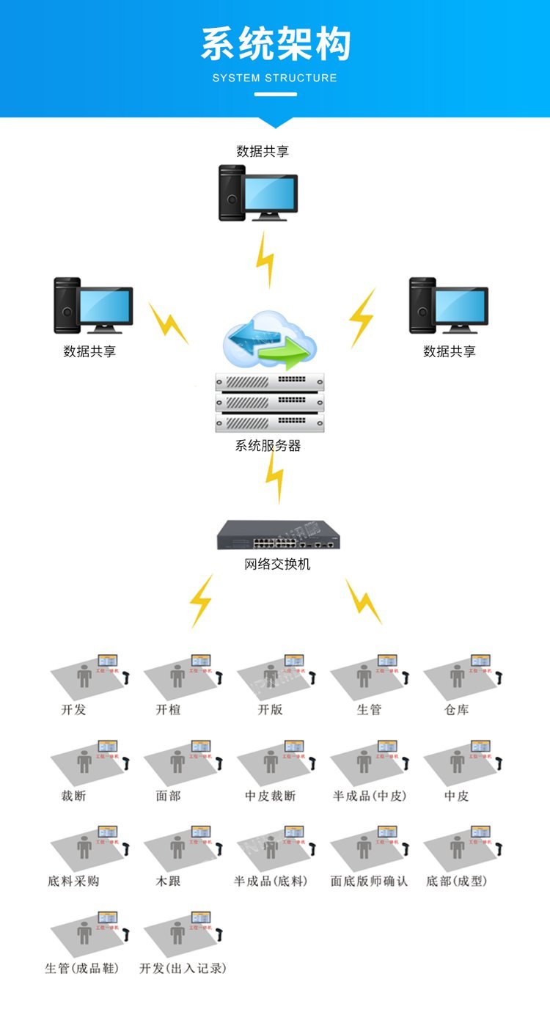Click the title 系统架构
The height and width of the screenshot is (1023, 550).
tap(275, 43)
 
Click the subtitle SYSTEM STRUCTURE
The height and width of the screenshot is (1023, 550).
tap(275, 78)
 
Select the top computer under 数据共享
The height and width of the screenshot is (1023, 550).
tap(257, 193)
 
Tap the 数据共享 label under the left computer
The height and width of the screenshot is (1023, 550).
tap(89, 351)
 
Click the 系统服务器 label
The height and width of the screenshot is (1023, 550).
tap(268, 445)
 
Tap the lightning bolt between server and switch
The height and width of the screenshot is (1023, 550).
tap(274, 477)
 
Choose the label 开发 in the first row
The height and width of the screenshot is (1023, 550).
tap(73, 710)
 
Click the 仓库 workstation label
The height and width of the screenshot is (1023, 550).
tap(456, 710)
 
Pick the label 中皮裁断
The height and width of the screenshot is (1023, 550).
tap(270, 796)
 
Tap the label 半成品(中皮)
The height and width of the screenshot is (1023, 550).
tap(370, 796)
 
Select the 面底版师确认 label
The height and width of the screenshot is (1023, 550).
tap(369, 881)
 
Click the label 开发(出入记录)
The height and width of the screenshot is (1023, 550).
tap(183, 968)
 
